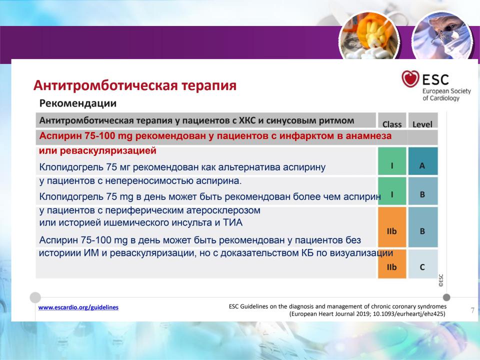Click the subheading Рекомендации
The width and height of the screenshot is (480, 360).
pyautogui.click(x=78, y=103)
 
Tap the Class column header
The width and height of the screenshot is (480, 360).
pyautogui.click(x=392, y=124)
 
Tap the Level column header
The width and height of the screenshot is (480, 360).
pyautogui.click(x=422, y=124)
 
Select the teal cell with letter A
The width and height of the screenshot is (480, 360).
pyautogui.click(x=423, y=161)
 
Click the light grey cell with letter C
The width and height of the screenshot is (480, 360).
pyautogui.click(x=423, y=264)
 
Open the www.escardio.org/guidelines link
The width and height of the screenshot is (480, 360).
pyautogui.click(x=78, y=307)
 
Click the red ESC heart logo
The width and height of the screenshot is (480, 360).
pyautogui.click(x=410, y=78)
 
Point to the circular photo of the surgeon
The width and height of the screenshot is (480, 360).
pyautogui.click(x=442, y=36)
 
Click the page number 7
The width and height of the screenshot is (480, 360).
pyautogui.click(x=472, y=310)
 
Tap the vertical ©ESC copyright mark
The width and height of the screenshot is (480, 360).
pyautogui.click(x=441, y=280)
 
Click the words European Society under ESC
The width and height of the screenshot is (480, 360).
pyautogui.click(x=446, y=91)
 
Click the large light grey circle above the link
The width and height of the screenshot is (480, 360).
pyautogui.click(x=35, y=297)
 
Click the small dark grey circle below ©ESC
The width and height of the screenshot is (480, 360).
pyautogui.click(x=446, y=297)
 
